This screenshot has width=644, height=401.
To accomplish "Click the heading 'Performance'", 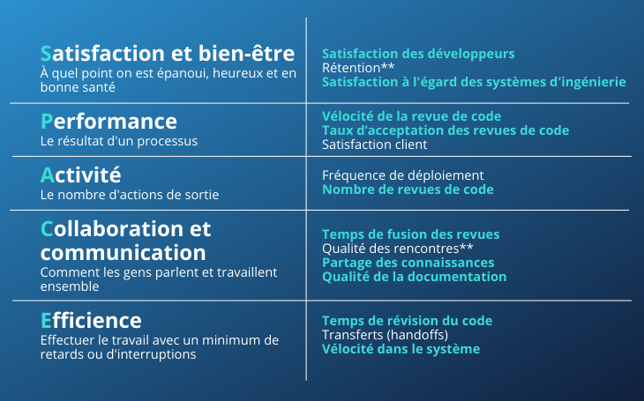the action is (109, 122).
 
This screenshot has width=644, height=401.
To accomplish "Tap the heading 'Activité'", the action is (81, 175).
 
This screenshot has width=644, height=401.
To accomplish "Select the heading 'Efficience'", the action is (91, 321).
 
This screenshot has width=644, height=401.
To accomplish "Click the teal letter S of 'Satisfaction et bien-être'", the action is (46, 54).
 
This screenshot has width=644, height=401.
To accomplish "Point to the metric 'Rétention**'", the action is (358, 68).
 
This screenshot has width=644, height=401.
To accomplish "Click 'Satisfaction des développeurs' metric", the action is (418, 54).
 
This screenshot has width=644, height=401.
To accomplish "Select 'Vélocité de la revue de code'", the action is (411, 116).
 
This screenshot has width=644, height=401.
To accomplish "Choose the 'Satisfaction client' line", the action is (375, 145).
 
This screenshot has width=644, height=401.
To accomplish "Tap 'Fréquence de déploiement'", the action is (403, 175).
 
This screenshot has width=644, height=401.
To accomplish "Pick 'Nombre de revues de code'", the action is (408, 189).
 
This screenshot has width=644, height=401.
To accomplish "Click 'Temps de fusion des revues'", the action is (411, 234).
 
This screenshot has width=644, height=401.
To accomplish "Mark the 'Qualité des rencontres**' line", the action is (398, 249).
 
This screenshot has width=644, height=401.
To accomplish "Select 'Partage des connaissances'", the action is (408, 263).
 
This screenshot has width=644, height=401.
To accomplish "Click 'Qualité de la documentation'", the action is (415, 277).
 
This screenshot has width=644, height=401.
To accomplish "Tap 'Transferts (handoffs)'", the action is (386, 335).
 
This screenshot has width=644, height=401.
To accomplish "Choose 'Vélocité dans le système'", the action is (401, 349).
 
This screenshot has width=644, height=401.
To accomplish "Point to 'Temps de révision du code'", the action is (408, 321).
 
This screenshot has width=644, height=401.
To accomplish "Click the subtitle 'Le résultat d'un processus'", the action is (119, 141).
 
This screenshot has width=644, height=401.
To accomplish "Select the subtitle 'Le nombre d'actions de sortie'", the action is (130, 195).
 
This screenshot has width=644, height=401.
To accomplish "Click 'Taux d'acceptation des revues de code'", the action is (446, 130).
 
